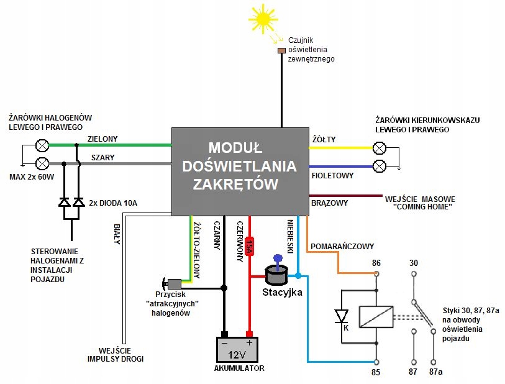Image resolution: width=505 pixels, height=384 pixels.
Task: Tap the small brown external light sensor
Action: coord(281,50)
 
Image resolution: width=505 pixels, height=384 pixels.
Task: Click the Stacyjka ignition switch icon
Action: coord(275,272)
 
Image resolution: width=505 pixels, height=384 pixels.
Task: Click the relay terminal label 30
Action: coord(414,263)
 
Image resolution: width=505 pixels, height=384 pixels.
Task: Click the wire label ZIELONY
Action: coord(102,139)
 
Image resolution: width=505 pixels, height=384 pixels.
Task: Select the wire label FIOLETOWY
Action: coord(332,176)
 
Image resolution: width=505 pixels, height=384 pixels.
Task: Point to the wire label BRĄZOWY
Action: coord(329,203)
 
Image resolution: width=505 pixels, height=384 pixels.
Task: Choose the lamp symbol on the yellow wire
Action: coord(379,148)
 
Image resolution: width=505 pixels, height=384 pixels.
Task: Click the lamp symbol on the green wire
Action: coord(42,145)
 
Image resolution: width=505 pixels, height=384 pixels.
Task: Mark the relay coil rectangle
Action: coord(376,316)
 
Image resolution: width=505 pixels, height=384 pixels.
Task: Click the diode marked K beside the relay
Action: coord(341,316)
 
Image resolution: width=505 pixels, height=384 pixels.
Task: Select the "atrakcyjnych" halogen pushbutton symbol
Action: coord(170,283)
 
